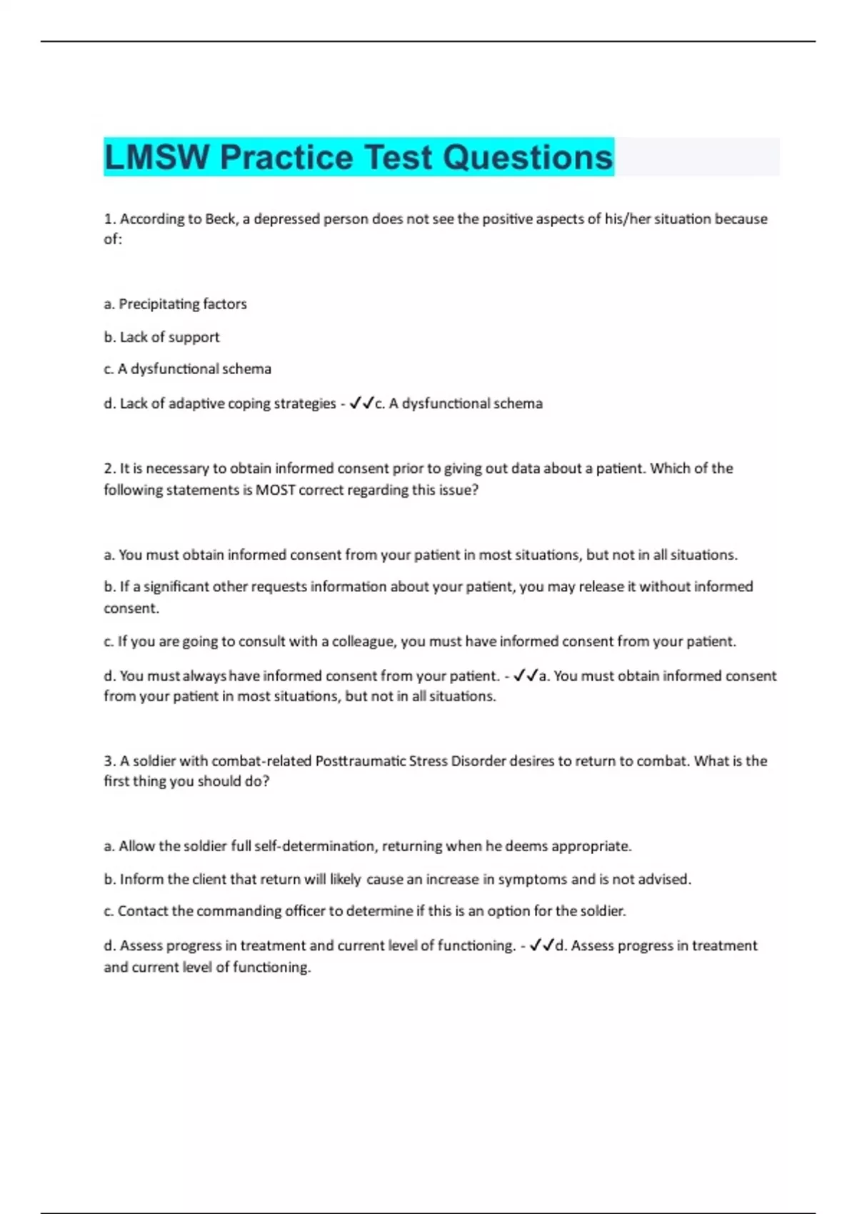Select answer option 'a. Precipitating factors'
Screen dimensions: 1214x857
(175, 304)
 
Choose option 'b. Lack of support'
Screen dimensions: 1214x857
(161, 337)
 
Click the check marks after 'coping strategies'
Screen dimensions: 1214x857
(362, 404)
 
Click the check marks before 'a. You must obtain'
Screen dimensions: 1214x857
(526, 676)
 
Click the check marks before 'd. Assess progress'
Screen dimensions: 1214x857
(542, 946)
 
